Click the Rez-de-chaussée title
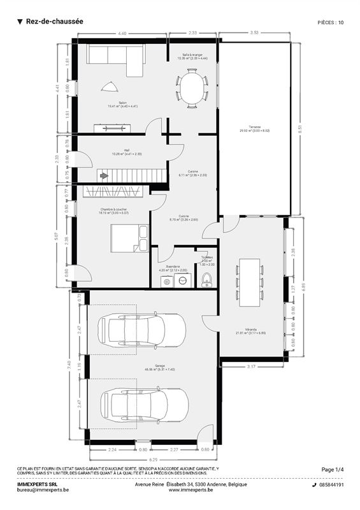tap(54, 21)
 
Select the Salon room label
tap(113, 104)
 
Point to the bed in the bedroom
tap(124, 240)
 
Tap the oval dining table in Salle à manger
tap(192, 88)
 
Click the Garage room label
tap(151, 368)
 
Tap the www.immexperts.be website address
tap(191, 490)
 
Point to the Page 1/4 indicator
tap(332, 469)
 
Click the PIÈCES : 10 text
tap(330, 22)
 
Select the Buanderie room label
tap(169, 267)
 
